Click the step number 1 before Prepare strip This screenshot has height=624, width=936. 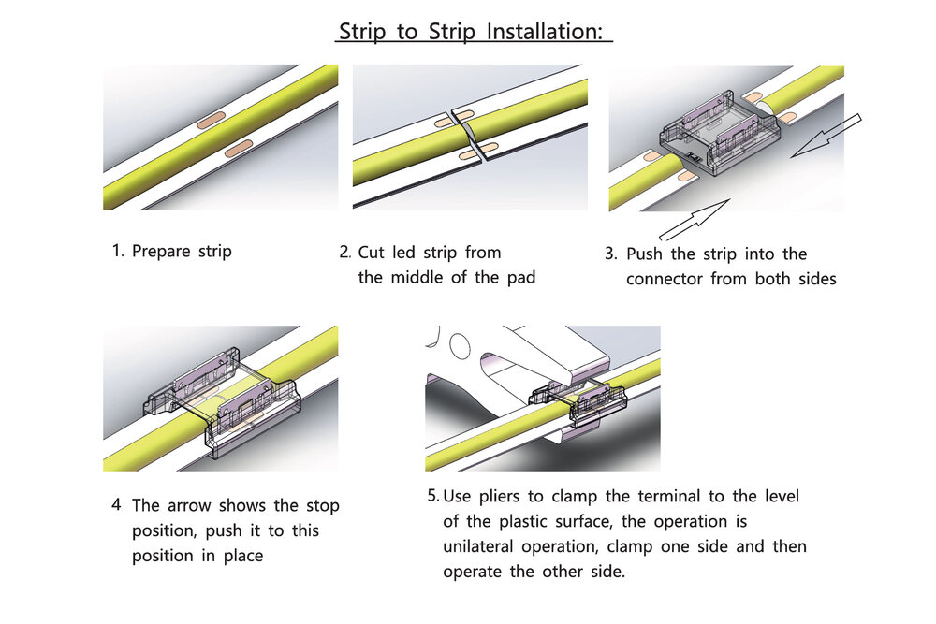pyautogui.click(x=118, y=252)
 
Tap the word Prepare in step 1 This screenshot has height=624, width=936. pyautogui.click(x=163, y=252)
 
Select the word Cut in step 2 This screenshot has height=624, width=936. pyautogui.click(x=373, y=253)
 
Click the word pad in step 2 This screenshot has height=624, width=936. pyautogui.click(x=519, y=278)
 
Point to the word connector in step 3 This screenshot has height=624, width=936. pyautogui.click(x=666, y=279)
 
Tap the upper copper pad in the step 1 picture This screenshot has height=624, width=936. pyautogui.click(x=211, y=118)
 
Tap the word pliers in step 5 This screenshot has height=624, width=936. pyautogui.click(x=505, y=496)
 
